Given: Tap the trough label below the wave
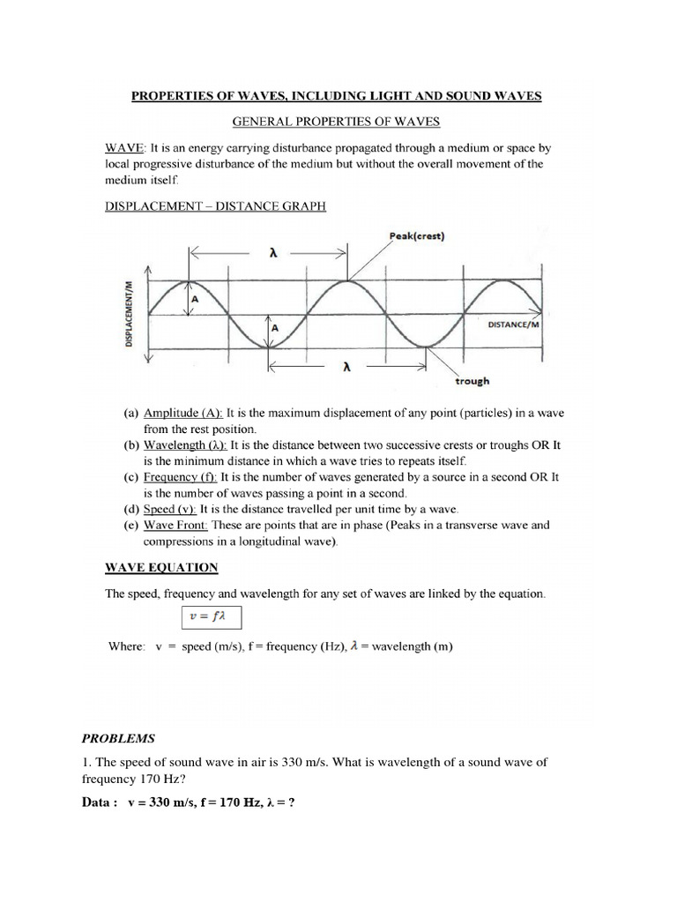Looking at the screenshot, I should point(472,381).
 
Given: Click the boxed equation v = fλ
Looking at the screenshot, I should point(212,617).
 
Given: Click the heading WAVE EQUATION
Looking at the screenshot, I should point(161,566).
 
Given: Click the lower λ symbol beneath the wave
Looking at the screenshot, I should point(347,369).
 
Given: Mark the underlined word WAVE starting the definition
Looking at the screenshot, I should point(125,148).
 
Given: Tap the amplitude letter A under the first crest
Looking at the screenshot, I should point(195,299).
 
